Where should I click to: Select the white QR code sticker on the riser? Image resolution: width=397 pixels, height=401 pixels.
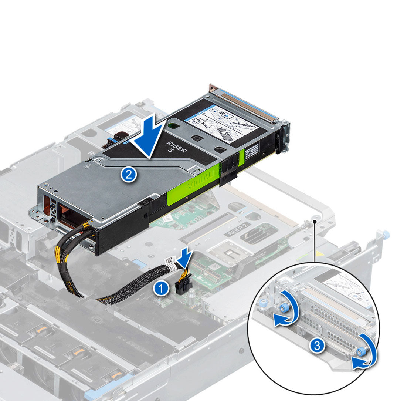pos(252,151)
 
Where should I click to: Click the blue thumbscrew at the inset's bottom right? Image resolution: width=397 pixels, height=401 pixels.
pos(361,353)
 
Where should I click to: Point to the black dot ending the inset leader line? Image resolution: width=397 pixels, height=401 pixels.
pos(315,221)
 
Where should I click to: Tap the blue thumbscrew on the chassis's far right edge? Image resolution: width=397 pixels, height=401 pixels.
pos(386,234)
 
